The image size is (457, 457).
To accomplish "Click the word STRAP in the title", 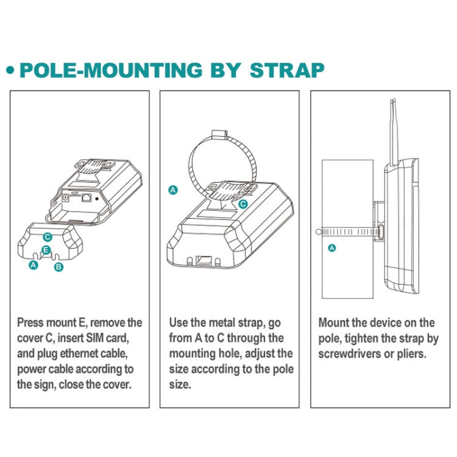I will click(287, 69).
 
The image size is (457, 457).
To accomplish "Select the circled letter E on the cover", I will click(46, 249).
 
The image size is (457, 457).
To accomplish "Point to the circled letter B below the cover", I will click(58, 266).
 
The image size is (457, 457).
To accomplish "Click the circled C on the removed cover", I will click(48, 236).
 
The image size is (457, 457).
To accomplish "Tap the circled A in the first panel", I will click(34, 265).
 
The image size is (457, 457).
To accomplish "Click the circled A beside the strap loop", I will click(173, 190).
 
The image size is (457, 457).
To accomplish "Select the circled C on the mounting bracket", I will click(243, 204).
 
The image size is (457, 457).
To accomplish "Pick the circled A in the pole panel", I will click(331, 247).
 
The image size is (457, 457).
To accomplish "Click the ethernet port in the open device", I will click(87, 197).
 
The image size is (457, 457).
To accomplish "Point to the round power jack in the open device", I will click(65, 197).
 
